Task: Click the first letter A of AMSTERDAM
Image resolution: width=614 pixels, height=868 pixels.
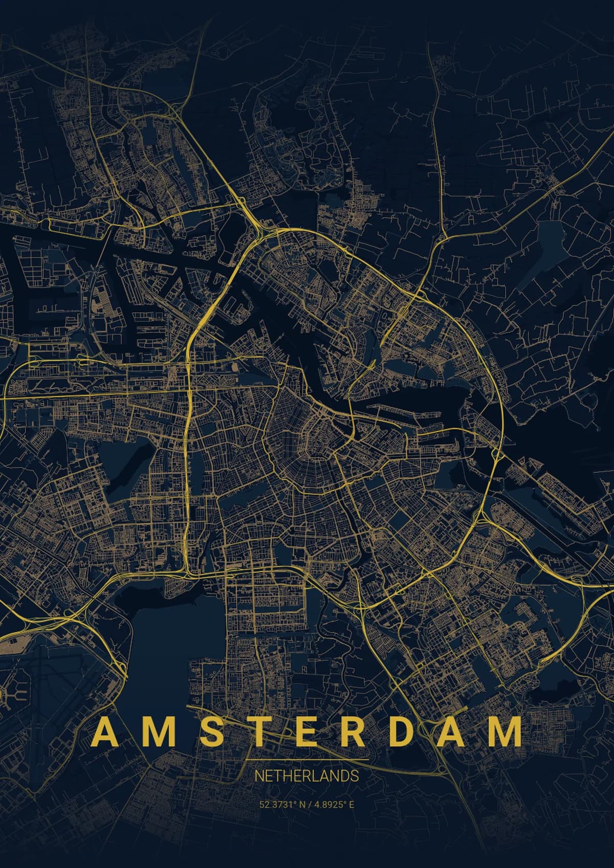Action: (103, 732)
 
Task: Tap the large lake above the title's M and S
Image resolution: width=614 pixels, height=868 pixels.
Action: (174, 639)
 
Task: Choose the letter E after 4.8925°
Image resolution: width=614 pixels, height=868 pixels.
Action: (352, 805)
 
